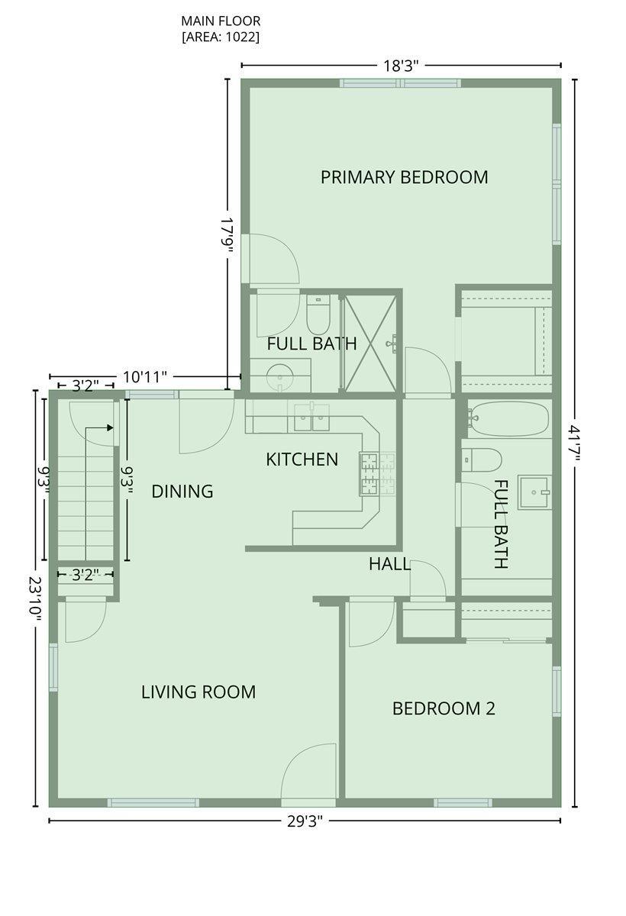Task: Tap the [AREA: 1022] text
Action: point(220,37)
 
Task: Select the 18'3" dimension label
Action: point(401,66)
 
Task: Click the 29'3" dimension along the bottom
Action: point(304,821)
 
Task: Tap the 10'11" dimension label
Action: point(145,377)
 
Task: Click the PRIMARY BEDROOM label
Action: point(404,177)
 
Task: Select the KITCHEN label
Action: point(302,460)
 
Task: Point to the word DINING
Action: point(182,491)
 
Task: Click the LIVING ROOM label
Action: point(198,692)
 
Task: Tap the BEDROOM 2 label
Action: point(444,708)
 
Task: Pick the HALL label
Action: point(389,564)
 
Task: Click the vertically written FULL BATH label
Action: point(501,524)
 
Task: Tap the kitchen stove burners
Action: point(369,473)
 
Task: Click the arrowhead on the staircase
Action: point(111,428)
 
